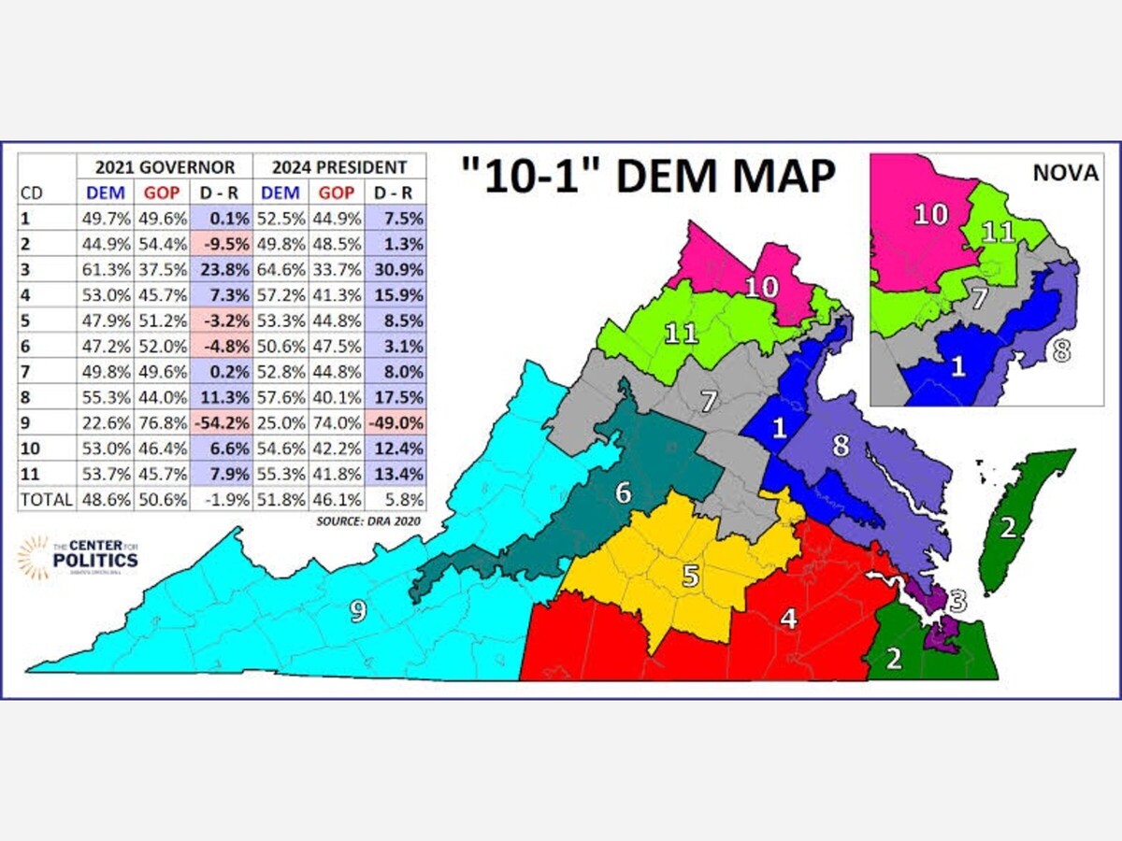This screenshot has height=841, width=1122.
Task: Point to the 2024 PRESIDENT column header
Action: [x=338, y=167]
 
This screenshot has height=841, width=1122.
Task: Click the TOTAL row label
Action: [x=46, y=499]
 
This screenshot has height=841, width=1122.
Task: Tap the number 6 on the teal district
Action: [x=623, y=492]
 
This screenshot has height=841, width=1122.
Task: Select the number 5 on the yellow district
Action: [x=690, y=575]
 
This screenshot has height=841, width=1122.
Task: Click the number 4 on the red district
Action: [x=789, y=618]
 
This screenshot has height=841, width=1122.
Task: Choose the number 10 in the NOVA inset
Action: [x=930, y=214]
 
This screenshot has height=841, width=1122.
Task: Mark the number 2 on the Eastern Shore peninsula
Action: [x=1007, y=528]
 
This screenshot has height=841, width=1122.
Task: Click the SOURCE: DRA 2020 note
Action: [x=368, y=520]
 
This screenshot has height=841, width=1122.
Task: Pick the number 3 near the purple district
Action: [x=957, y=600]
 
